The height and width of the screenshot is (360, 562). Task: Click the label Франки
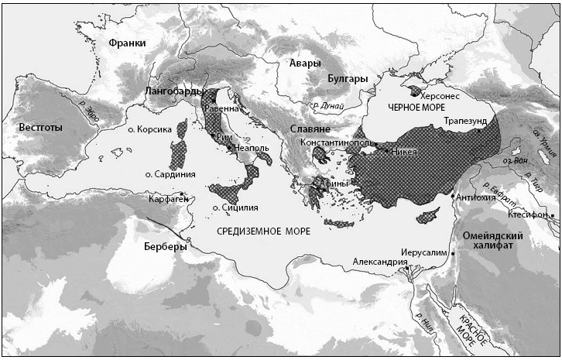(x=128, y=43)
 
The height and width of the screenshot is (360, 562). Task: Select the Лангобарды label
(x=174, y=91)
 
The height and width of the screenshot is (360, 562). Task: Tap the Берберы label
(x=166, y=247)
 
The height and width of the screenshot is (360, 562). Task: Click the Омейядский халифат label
(x=493, y=240)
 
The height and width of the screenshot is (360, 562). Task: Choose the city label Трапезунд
(x=467, y=122)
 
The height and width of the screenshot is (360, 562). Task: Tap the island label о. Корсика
(x=149, y=130)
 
